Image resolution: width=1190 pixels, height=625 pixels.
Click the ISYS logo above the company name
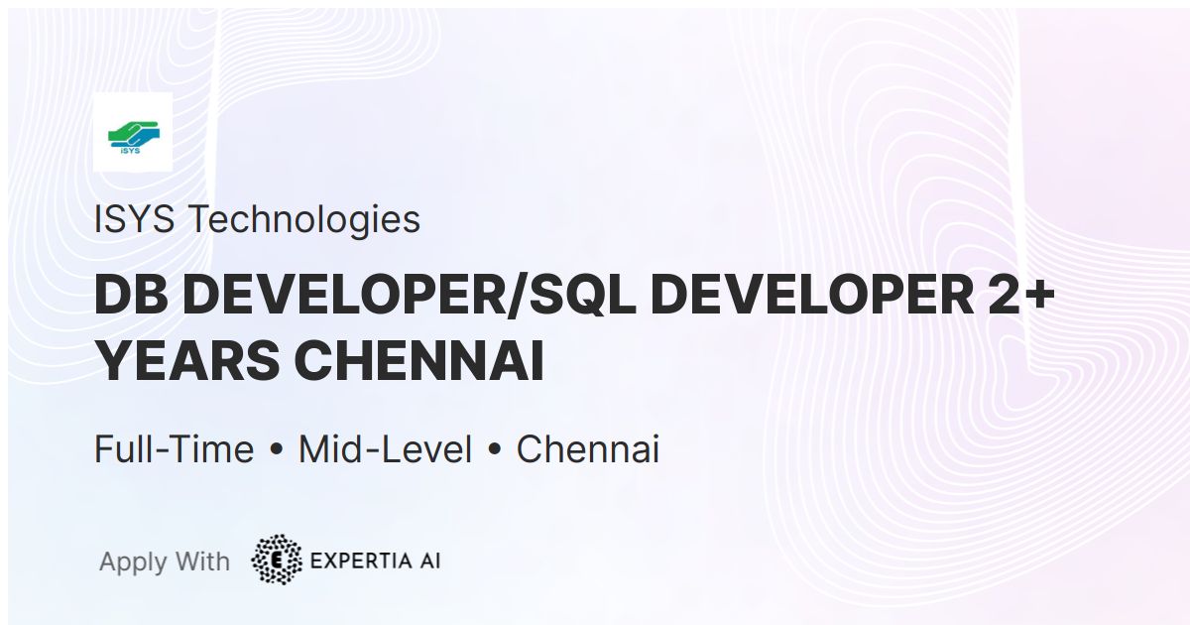132,132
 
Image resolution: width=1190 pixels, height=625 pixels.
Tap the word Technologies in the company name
304,219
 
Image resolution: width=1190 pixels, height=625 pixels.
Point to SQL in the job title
581,298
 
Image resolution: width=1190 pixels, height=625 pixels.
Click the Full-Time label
174,449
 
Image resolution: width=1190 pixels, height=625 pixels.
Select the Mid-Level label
385,449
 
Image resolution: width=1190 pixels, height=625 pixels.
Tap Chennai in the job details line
587,449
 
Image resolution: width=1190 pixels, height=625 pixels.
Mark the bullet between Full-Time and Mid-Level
276,451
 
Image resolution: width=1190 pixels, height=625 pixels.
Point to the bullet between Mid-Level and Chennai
494,451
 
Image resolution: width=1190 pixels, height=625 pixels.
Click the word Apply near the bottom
133,562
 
